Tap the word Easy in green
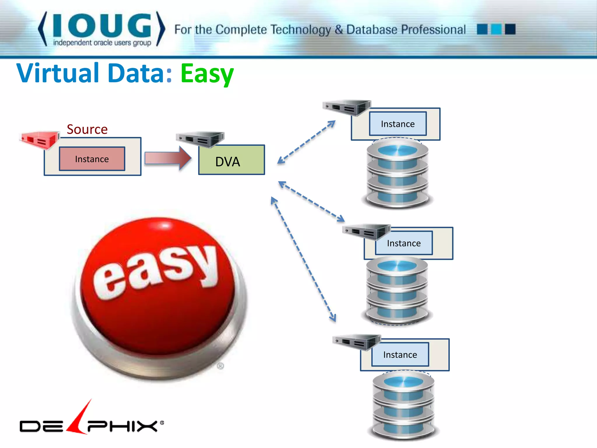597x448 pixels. pos(207,73)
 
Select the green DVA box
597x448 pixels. pos(231,160)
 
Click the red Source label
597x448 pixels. pos(87,129)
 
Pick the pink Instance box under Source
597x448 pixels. pos(92,159)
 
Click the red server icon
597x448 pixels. pos(39,139)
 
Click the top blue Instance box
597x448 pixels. pos(398,124)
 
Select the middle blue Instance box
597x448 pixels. pos(404,243)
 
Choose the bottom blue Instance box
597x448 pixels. pos(400,355)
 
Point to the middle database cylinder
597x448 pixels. pos(397,290)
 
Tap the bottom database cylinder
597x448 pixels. pos(403,406)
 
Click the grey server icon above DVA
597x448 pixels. pos(200,139)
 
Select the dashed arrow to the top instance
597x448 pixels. pos(306,142)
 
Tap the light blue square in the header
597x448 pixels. pos(496,29)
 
